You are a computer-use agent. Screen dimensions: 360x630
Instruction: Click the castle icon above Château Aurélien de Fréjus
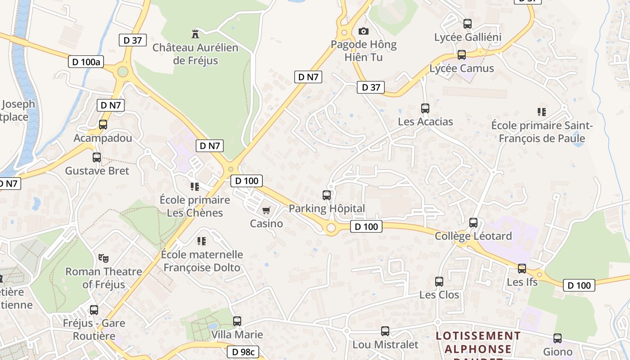pos(195,34)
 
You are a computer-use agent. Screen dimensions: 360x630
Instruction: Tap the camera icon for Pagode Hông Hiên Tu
pos(363,31)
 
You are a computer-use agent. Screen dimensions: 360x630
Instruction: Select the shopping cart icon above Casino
pos(266,210)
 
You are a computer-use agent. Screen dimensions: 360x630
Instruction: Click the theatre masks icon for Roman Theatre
pos(103,258)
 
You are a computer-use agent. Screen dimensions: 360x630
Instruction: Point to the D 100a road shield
pos(86,62)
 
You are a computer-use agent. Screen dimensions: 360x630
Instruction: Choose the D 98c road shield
pos(243,352)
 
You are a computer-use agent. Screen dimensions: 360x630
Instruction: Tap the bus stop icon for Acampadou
pos(103,125)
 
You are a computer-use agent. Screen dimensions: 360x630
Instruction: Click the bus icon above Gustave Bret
pos(97,157)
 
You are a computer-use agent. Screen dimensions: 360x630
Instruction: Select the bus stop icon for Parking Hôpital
pos(327,195)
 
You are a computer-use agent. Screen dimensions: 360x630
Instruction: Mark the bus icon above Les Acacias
pos(425,108)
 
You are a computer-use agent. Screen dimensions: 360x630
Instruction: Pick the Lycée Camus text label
pos(462,68)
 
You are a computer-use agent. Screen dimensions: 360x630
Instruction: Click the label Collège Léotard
pos(473,236)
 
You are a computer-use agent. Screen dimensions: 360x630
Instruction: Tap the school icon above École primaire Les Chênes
pos(195,186)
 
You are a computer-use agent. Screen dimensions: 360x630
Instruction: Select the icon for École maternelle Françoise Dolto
pos(202,241)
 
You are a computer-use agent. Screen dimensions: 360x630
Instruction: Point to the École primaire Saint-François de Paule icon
pos(542,112)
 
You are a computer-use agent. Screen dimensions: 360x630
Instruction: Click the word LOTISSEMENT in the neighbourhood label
pos(478,336)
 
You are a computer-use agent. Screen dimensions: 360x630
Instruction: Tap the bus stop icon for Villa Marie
pos(237,321)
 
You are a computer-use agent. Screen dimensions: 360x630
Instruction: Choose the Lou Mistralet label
pos(385,345)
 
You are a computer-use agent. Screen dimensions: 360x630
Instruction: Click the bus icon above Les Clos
pos(439,282)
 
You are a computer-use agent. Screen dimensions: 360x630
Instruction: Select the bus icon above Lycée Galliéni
pos(468,24)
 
